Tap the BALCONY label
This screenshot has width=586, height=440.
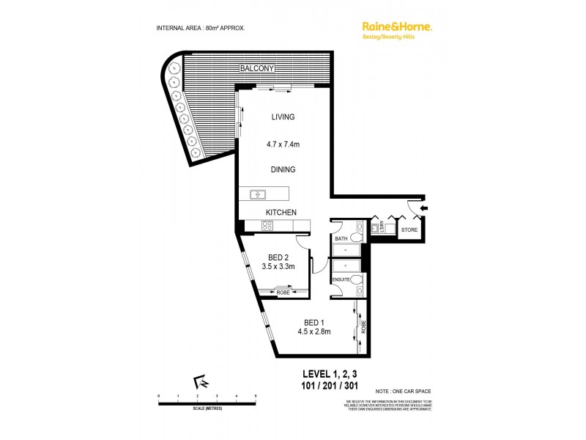click(x=256, y=69)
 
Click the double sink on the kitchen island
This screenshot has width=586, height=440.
click(x=257, y=194)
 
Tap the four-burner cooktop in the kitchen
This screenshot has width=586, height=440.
click(x=267, y=226)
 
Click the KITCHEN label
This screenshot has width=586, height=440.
click(x=281, y=213)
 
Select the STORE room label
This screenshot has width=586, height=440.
click(x=409, y=230)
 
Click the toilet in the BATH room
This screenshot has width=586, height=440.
click(x=357, y=237)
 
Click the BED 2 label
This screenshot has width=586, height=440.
click(x=278, y=257)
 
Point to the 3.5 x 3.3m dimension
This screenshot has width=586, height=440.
click(x=278, y=267)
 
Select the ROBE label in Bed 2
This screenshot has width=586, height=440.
click(x=283, y=293)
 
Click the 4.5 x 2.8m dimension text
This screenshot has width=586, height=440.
click(x=314, y=331)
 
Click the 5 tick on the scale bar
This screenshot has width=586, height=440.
click(x=256, y=397)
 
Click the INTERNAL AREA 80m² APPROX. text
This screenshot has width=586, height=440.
click(x=201, y=28)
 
